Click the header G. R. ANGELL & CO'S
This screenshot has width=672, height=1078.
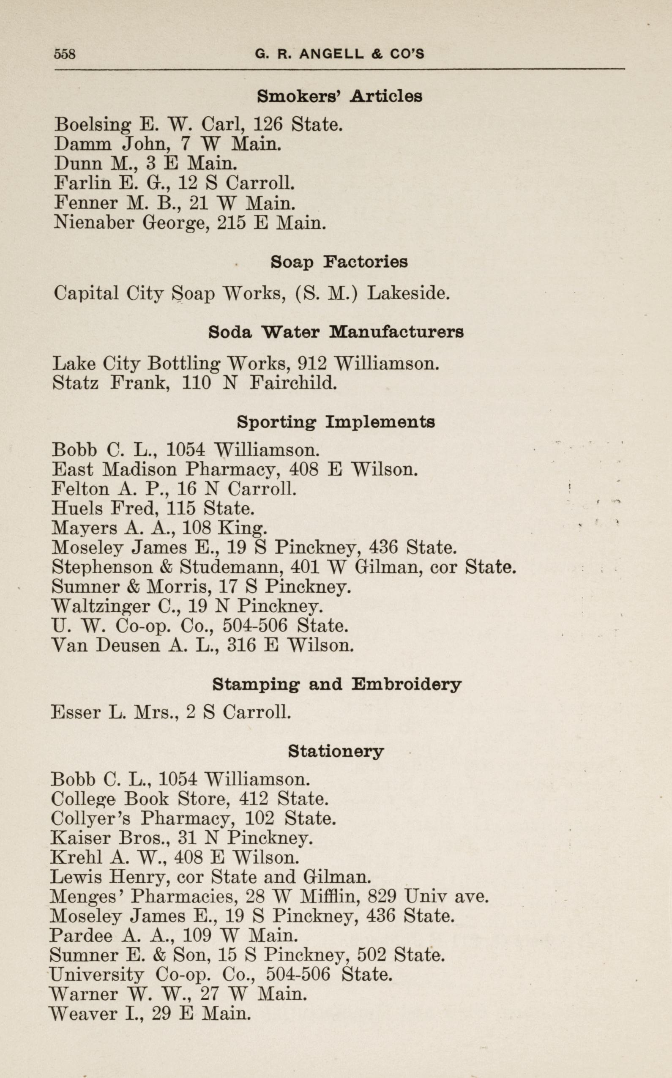(x=339, y=54)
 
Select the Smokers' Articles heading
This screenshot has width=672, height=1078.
(x=339, y=96)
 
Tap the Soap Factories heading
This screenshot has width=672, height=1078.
(x=339, y=262)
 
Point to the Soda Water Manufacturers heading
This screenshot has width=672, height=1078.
(x=336, y=332)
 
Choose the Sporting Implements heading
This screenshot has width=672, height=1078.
(x=336, y=422)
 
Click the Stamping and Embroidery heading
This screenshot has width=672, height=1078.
(x=336, y=684)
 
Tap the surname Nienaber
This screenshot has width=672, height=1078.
(x=93, y=222)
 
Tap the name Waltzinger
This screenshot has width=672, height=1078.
(x=101, y=606)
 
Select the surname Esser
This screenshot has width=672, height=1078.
(x=76, y=713)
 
